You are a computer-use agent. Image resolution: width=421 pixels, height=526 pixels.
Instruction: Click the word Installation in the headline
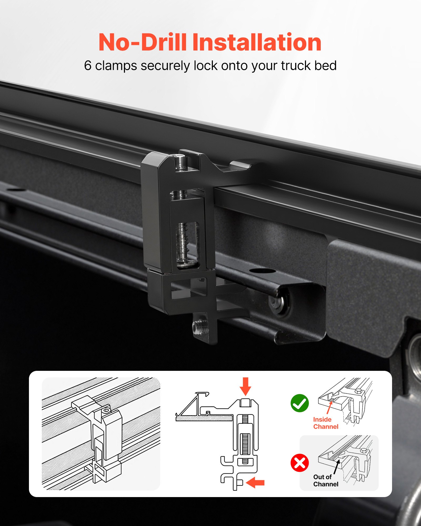point(257,42)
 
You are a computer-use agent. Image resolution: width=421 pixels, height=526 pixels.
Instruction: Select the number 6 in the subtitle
point(88,66)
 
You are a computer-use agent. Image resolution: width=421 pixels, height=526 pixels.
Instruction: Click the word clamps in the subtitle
point(116,66)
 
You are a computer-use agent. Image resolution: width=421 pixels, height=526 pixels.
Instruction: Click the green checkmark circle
point(299,403)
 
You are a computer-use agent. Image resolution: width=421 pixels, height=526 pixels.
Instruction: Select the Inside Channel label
point(325,423)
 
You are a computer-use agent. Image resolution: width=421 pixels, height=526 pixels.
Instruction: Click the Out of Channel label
point(325,481)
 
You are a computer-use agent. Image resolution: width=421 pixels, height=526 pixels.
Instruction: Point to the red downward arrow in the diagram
point(245,386)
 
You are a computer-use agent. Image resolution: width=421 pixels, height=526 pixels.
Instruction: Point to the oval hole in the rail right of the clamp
point(258,271)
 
